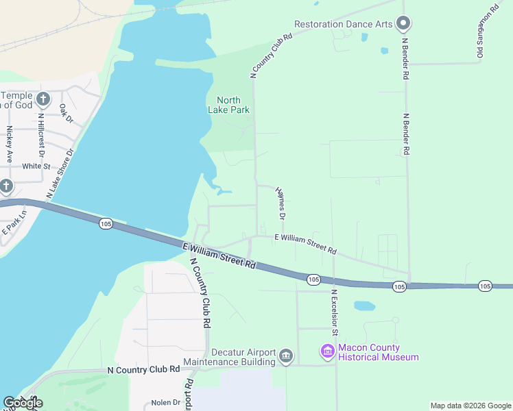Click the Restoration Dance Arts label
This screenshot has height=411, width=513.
click(x=343, y=24)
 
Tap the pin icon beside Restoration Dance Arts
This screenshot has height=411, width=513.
click(x=403, y=24)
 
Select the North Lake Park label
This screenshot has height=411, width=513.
click(x=228, y=105)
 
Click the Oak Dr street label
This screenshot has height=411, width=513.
click(x=66, y=113)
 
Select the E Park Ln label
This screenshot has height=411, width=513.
click(x=14, y=221)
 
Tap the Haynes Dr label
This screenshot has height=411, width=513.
click(x=281, y=203)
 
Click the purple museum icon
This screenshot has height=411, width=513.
click(x=327, y=352)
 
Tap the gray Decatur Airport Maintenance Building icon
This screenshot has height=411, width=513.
click(x=286, y=356)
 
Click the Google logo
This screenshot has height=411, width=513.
click(x=23, y=403)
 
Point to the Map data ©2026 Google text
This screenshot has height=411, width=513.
click(x=470, y=406)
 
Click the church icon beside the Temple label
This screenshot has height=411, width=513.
click(x=43, y=99)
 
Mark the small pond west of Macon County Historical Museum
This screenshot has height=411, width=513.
click(x=363, y=305)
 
